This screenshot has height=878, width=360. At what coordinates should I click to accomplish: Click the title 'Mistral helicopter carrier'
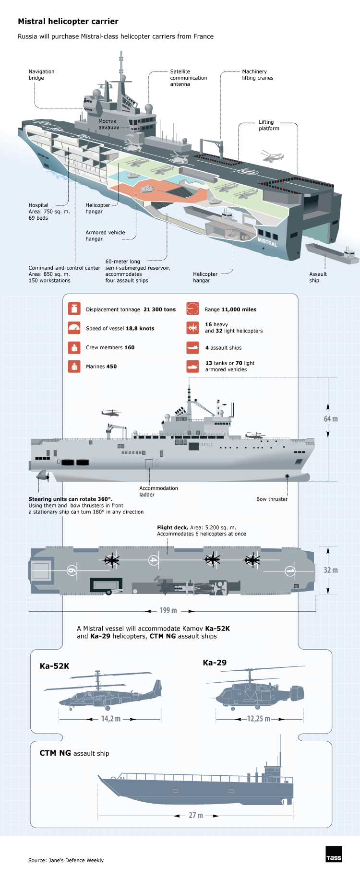click(68, 22)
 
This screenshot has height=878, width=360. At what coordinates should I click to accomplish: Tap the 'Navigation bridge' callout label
click(41, 75)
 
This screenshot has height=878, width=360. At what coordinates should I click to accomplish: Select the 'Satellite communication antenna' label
click(188, 78)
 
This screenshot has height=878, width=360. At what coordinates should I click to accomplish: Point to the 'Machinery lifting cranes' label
click(257, 75)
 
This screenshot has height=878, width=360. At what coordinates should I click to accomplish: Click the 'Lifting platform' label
click(269, 125)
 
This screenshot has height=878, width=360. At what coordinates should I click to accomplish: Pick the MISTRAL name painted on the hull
click(267, 242)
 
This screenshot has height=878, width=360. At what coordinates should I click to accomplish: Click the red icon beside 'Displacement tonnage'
click(74, 308)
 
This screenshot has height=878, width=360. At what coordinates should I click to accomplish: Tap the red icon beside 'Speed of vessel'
click(74, 328)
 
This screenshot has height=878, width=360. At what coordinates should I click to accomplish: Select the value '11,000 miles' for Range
click(239, 309)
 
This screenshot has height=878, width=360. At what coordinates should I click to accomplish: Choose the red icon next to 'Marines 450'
click(74, 366)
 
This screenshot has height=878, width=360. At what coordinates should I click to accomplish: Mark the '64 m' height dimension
click(330, 419)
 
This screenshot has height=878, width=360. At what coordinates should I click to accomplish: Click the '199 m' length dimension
click(168, 610)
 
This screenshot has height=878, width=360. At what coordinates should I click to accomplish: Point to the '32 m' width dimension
click(330, 570)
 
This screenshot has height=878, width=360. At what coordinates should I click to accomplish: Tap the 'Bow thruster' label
click(272, 499)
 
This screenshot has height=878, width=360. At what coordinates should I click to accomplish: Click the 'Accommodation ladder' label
click(158, 491)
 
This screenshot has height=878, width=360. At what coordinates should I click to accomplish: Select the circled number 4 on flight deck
click(153, 560)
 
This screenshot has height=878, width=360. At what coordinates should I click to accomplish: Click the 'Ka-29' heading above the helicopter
click(215, 663)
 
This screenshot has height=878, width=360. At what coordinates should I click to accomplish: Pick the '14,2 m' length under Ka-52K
click(110, 719)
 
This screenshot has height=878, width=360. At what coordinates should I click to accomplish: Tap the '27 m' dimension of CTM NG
click(195, 815)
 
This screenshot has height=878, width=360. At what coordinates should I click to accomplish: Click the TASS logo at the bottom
click(334, 854)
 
